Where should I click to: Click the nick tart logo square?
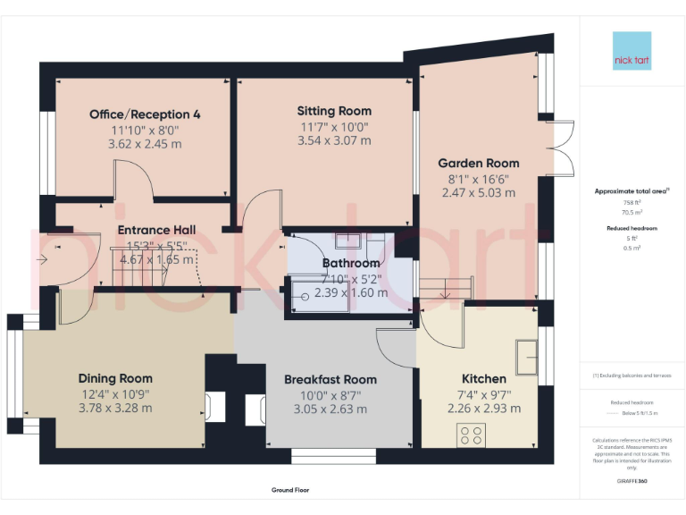tap(632, 52)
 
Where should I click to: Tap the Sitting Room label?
tap(334, 111)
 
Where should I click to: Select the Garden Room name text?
tap(478, 163)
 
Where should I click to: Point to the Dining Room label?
tap(115, 378)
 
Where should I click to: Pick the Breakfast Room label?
tap(330, 379)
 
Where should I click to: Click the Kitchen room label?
tap(483, 378)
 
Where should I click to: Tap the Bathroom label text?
tap(351, 263)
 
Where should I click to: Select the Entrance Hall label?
tap(156, 230)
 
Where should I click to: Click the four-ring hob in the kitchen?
tap(472, 435)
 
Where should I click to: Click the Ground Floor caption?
tap(290, 490)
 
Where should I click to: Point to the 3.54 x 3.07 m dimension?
tap(334, 140)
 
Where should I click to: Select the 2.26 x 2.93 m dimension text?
tap(483, 409)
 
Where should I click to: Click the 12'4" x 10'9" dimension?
tap(115, 394)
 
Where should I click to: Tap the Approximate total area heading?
tap(632, 191)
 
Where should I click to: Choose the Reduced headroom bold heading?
tap(632, 228)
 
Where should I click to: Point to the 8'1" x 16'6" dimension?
tap(478, 178)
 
